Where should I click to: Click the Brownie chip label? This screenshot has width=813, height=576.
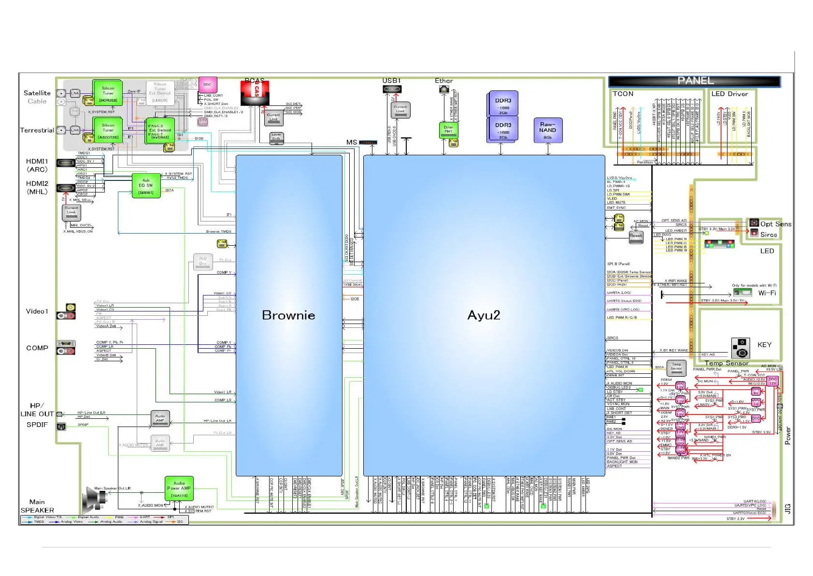[288, 315]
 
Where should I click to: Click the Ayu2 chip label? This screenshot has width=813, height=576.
[484, 315]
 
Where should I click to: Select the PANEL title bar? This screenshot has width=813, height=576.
[694, 81]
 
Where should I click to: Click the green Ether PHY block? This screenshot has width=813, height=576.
[448, 130]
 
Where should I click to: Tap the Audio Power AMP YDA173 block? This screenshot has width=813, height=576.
[179, 488]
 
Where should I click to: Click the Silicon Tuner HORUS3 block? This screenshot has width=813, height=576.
[108, 93]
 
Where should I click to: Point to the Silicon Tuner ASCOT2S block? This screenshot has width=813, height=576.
[108, 131]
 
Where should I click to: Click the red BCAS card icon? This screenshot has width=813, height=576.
[255, 92]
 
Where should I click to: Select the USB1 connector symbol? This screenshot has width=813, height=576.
[392, 89]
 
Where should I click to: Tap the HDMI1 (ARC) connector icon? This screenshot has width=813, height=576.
[66, 163]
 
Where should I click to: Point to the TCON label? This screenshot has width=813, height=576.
[623, 94]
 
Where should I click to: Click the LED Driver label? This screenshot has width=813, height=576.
[729, 94]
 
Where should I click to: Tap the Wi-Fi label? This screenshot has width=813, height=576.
[767, 293]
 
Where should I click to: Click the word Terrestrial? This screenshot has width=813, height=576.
[37, 131]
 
